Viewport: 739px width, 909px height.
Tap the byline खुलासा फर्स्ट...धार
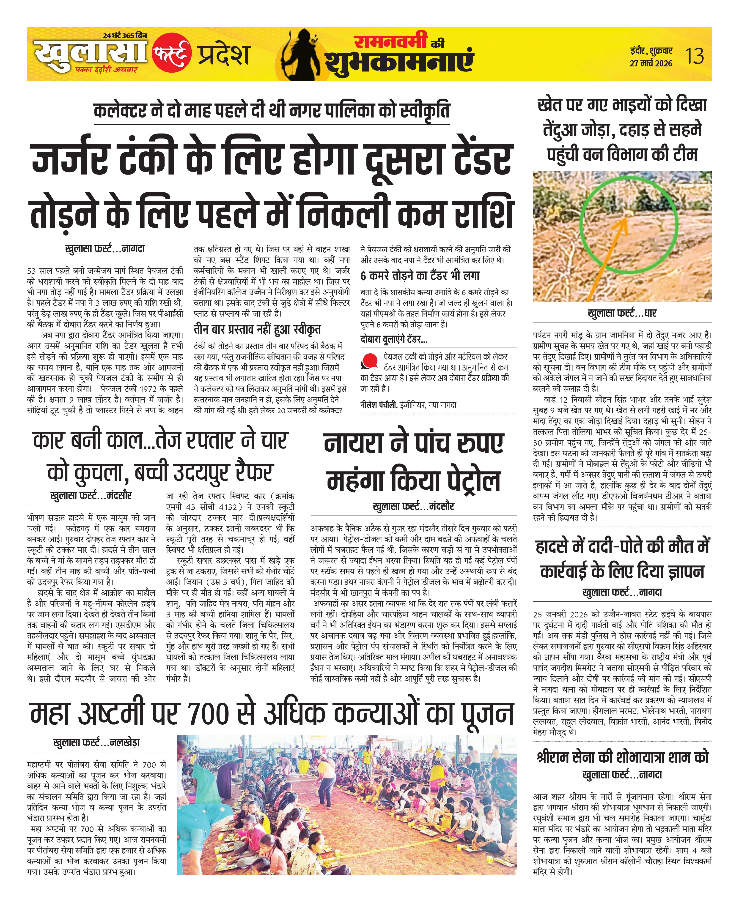click(622, 314)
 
